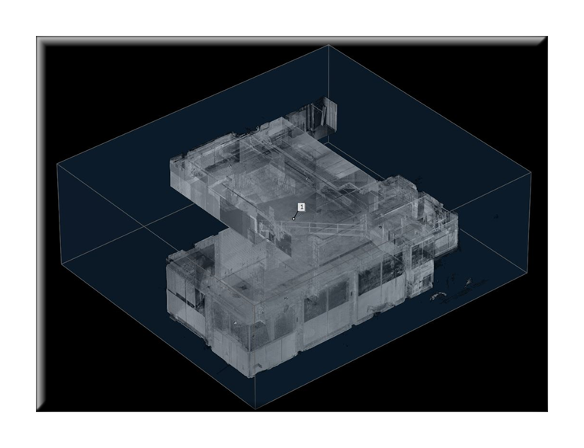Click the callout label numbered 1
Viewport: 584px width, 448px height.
click(302, 207)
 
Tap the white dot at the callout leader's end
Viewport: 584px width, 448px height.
click(294, 219)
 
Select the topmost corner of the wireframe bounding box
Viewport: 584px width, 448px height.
click(329, 45)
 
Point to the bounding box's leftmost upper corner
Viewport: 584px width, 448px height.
click(57, 164)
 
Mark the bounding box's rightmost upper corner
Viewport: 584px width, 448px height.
click(530, 172)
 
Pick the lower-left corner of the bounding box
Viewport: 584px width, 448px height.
click(62, 264)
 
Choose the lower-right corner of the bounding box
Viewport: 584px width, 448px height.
click(527, 274)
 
